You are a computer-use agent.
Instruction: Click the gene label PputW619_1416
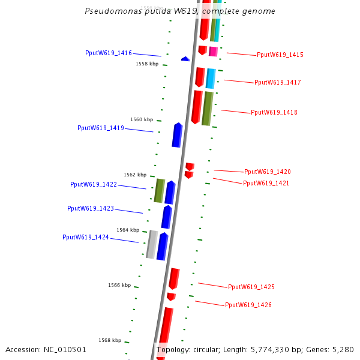109,53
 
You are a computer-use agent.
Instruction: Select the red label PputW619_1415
280,55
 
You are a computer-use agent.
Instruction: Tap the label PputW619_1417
278,83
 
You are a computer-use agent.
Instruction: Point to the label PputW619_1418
274,113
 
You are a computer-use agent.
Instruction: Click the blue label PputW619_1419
101,128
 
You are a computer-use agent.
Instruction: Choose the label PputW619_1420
268,172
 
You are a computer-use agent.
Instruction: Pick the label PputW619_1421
266,184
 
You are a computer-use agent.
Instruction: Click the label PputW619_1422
94,185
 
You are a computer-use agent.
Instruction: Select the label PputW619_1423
91,209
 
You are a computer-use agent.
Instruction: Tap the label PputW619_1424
86,238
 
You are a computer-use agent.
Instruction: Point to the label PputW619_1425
251,287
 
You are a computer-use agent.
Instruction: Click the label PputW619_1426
248,305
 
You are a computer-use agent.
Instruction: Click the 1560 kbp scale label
142,120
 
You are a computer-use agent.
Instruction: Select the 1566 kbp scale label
119,286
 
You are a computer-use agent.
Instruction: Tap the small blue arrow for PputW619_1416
185,59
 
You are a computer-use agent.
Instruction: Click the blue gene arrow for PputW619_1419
177,135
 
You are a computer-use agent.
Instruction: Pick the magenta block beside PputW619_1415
213,52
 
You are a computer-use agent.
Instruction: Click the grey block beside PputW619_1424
152,245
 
